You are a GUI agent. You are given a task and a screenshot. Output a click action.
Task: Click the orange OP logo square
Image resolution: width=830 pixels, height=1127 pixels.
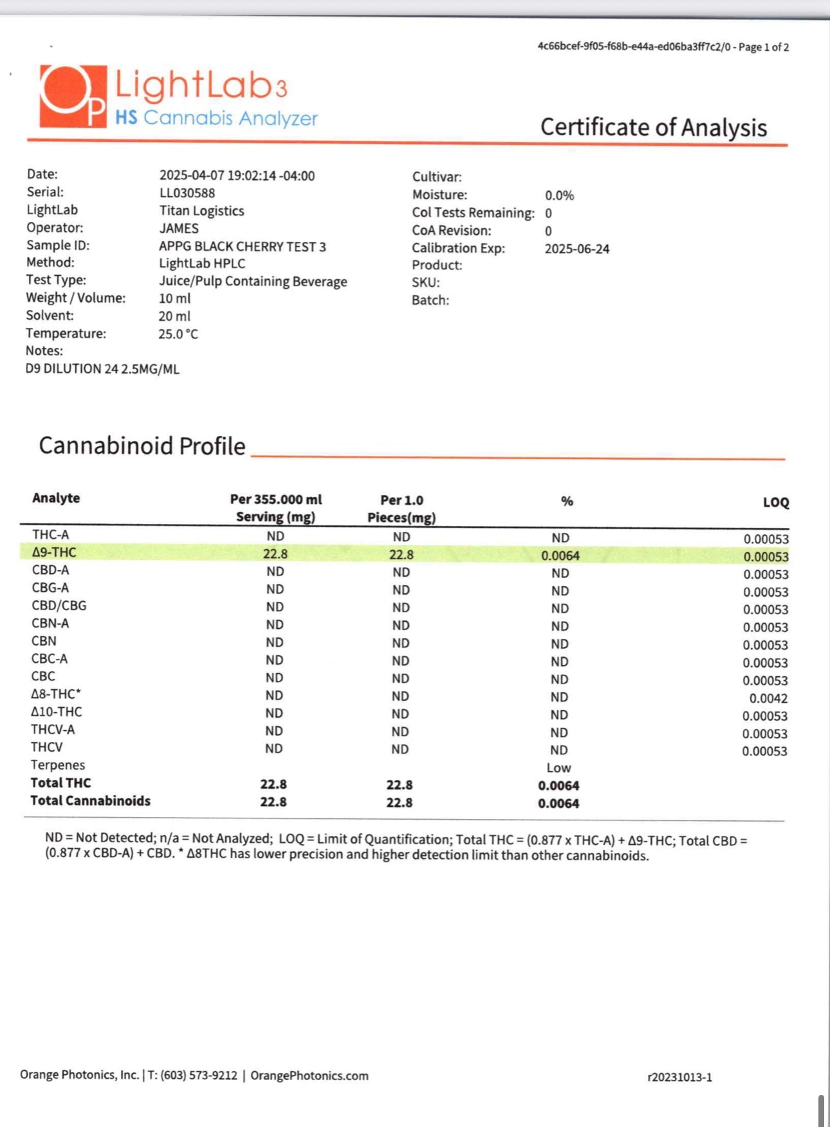click(x=73, y=96)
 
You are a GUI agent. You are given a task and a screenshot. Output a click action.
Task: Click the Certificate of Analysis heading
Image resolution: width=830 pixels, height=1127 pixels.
click(x=653, y=127)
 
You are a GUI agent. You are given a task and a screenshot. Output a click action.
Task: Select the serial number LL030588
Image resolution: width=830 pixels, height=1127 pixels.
click(x=187, y=193)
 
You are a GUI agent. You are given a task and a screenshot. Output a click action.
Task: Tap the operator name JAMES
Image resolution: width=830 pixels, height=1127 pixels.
click(x=179, y=228)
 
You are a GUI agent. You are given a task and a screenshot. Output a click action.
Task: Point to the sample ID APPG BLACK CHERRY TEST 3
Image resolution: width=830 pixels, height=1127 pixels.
click(x=243, y=246)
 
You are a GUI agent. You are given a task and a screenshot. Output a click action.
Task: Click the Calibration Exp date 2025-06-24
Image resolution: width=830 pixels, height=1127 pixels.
click(x=576, y=249)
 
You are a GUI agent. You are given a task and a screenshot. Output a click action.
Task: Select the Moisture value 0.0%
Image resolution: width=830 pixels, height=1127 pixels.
click(x=559, y=195)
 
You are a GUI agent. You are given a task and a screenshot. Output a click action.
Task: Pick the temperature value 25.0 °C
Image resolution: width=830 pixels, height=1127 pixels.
click(x=178, y=334)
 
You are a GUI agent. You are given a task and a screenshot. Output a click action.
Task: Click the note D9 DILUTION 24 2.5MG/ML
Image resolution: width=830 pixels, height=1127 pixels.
click(x=102, y=369)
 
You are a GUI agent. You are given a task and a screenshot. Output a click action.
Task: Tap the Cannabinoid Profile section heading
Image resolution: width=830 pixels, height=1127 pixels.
click(x=142, y=446)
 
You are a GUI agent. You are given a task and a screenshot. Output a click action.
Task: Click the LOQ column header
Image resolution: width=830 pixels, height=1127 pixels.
click(x=775, y=502)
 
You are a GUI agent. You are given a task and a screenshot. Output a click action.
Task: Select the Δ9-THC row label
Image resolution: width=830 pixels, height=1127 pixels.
click(x=54, y=552)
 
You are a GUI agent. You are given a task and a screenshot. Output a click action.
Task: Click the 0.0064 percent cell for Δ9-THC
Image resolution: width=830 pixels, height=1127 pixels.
click(x=560, y=555)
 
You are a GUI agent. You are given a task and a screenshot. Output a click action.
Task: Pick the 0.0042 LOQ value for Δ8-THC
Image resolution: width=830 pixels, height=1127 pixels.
click(x=768, y=698)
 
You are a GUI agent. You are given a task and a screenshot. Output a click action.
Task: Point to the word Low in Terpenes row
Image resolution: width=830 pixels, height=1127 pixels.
click(x=558, y=768)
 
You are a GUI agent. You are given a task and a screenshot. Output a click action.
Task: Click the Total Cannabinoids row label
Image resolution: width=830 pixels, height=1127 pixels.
click(x=90, y=801)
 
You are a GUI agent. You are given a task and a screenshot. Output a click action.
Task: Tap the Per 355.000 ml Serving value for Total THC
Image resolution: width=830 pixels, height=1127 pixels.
click(x=273, y=784)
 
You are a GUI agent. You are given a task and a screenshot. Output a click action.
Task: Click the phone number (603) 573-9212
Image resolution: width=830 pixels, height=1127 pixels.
click(x=199, y=1076)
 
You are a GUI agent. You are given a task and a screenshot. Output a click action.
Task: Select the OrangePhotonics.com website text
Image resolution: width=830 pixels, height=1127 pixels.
click(x=309, y=1076)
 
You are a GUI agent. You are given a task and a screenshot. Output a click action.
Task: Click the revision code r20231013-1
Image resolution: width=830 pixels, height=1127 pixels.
click(x=679, y=1077)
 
